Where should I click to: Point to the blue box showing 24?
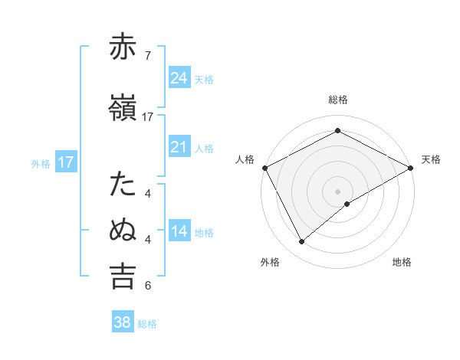point(179,77)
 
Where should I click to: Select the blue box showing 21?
point(179,147)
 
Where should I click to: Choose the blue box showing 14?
point(179,231)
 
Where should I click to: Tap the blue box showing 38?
point(123,322)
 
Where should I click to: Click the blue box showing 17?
point(66,162)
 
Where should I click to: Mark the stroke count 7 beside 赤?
point(148,55)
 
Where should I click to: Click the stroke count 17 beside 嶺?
point(148,117)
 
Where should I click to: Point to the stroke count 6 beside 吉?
point(148,286)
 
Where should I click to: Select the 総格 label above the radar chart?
point(338,100)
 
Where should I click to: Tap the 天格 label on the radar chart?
point(431,159)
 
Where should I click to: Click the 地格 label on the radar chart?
point(402,262)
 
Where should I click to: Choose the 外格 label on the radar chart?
point(270,262)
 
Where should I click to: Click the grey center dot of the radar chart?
point(337,191)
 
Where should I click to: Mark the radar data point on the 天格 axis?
point(411,167)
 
